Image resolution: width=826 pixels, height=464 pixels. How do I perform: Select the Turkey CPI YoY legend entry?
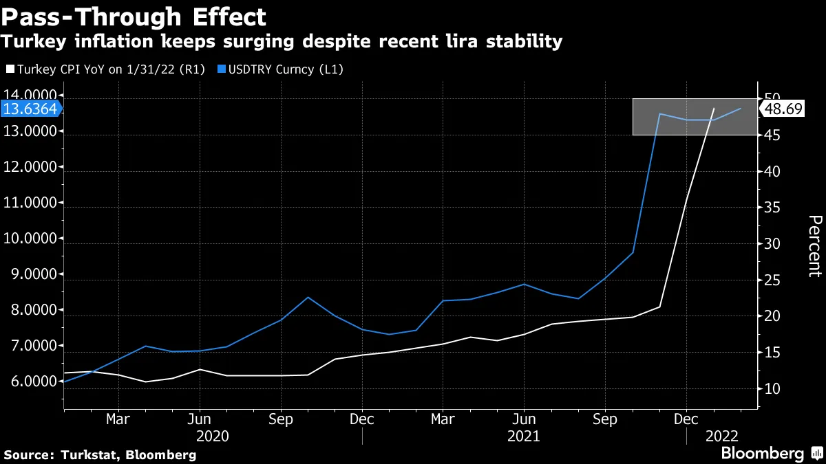pyautogui.click(x=97, y=69)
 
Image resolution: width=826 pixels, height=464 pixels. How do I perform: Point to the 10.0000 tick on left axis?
pyautogui.click(x=32, y=239)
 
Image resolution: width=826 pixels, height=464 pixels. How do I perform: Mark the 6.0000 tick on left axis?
pyautogui.click(x=32, y=382)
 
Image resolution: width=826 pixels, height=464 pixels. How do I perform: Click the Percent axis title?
pyautogui.click(x=814, y=245)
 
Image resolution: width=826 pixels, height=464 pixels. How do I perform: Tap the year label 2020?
pyautogui.click(x=213, y=436)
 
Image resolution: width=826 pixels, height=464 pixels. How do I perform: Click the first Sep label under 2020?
pyautogui.click(x=281, y=419)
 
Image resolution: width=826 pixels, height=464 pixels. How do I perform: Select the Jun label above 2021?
pyautogui.click(x=525, y=419)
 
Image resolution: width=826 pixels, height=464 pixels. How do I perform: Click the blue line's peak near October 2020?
pyautogui.click(x=308, y=297)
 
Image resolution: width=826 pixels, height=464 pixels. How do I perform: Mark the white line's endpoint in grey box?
pyautogui.click(x=714, y=109)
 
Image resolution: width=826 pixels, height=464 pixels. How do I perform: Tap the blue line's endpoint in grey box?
pyautogui.click(x=741, y=109)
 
